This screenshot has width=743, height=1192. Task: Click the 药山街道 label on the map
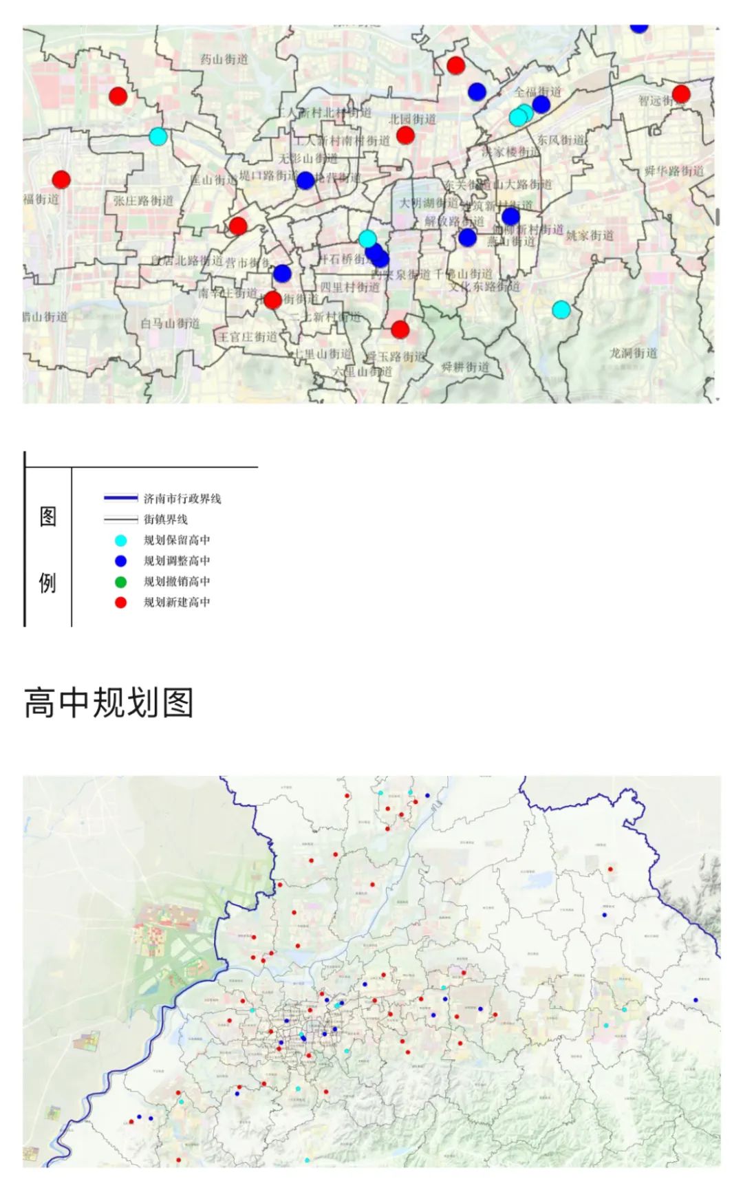click(224, 59)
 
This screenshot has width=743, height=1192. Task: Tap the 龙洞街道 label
click(633, 353)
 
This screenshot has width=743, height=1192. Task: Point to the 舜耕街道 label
click(465, 367)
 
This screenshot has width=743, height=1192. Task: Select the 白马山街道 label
click(170, 323)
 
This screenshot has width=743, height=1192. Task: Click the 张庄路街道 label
click(143, 201)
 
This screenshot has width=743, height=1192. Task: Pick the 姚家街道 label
click(590, 235)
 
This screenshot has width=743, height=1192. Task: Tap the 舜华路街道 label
click(674, 171)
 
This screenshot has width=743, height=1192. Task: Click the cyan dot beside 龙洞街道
click(561, 310)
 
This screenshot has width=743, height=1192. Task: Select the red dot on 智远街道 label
click(681, 94)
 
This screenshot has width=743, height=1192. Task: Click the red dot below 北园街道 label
click(405, 135)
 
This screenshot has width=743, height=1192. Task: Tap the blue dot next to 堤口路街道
click(305, 180)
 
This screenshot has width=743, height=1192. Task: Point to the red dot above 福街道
click(61, 180)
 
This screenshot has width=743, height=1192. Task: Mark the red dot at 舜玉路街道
click(400, 329)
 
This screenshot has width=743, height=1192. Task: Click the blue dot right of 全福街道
click(541, 104)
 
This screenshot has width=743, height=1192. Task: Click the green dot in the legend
click(121, 582)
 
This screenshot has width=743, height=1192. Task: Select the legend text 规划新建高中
click(177, 603)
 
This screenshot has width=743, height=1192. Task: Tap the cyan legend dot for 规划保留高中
click(121, 541)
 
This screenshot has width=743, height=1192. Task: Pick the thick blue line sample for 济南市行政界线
click(120, 498)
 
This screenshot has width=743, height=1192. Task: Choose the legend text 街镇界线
click(165, 519)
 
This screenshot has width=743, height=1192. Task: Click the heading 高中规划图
click(109, 703)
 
